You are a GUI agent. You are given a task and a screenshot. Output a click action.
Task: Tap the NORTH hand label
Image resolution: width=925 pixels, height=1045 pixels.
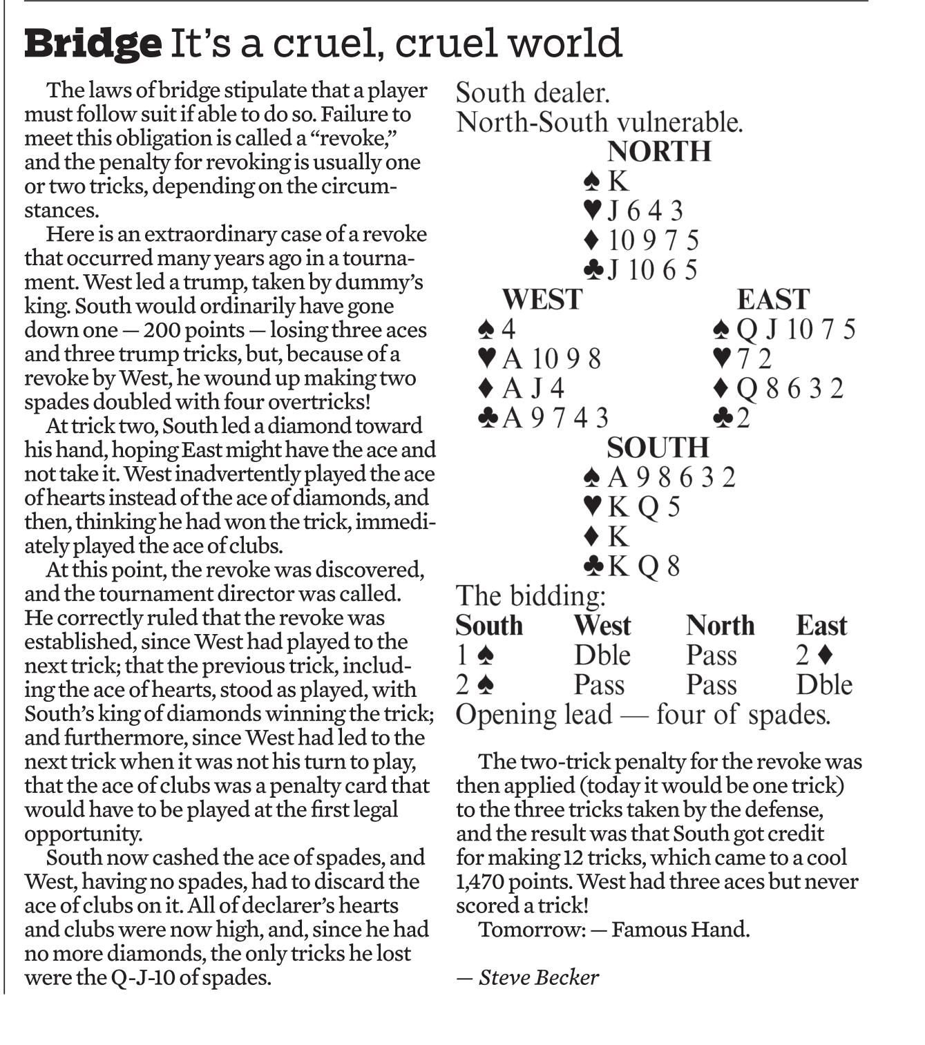(x=658, y=151)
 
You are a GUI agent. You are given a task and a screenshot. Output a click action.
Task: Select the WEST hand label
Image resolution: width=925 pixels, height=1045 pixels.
(x=542, y=300)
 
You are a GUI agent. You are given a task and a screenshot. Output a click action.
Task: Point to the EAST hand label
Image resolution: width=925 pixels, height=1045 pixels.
(x=772, y=300)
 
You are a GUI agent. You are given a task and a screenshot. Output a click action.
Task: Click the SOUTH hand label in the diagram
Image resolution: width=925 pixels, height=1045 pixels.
(x=658, y=448)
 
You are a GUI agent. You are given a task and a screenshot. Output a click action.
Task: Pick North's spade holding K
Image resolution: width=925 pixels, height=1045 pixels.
(x=607, y=181)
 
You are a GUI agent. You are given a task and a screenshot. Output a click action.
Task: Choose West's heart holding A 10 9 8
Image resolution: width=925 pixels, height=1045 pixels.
(x=540, y=358)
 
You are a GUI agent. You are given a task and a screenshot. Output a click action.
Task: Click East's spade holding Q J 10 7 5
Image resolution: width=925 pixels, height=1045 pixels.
(x=784, y=329)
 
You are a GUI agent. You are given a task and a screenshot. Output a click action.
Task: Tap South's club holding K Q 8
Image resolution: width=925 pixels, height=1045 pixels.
(x=631, y=566)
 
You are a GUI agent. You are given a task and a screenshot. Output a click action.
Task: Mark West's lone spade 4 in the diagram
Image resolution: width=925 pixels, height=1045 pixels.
(x=497, y=329)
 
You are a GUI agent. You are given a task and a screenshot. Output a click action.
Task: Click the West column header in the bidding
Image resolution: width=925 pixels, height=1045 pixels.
(x=602, y=626)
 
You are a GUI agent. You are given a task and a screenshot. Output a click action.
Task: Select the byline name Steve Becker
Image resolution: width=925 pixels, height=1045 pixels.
(x=538, y=977)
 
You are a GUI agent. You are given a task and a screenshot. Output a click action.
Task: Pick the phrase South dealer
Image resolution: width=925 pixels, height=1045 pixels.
(x=533, y=93)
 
